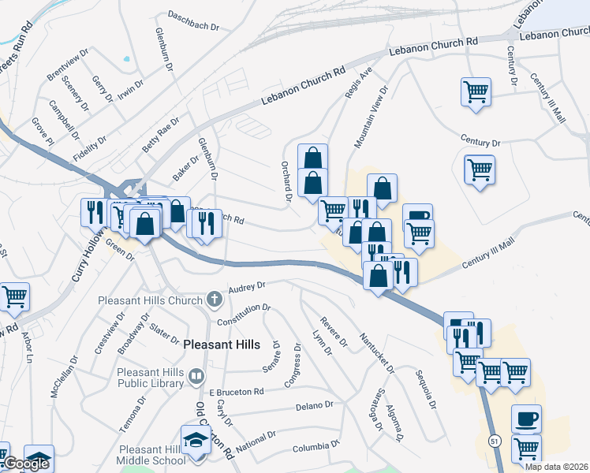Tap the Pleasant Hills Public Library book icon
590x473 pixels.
196,377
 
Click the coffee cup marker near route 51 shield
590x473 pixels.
526,419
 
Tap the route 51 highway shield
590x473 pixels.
494,438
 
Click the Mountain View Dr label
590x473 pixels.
372,117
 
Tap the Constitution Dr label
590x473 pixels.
245,312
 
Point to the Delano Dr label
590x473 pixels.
316,406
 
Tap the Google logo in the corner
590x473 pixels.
25,464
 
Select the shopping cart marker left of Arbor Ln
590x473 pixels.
15,297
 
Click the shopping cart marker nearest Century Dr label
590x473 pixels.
479,169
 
